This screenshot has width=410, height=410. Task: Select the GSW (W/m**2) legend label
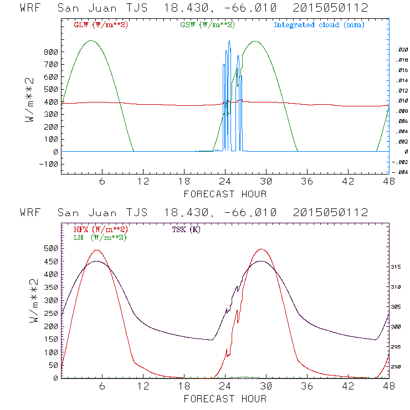(x=206, y=25)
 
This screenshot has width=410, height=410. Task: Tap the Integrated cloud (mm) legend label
(x=319, y=25)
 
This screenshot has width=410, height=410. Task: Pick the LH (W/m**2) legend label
(x=100, y=238)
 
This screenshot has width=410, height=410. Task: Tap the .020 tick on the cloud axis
(x=401, y=50)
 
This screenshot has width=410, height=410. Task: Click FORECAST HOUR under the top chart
(x=225, y=194)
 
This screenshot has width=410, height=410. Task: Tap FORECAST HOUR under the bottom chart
(x=225, y=399)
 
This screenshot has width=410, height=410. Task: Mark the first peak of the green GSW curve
(x=91, y=40)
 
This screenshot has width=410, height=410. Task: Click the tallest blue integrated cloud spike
(x=229, y=41)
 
